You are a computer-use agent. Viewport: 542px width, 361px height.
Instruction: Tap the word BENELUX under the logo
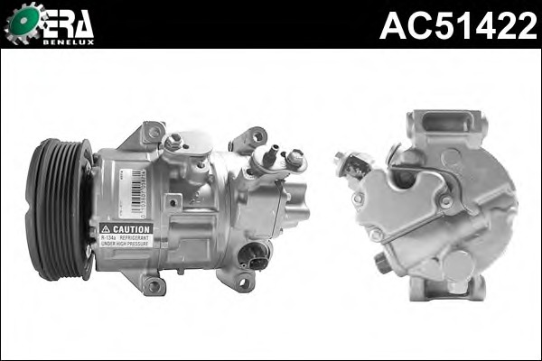(x=69, y=41)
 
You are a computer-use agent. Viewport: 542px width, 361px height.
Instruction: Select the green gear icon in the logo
(x=22, y=23)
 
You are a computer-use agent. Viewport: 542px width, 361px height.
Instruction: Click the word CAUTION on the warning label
(x=131, y=229)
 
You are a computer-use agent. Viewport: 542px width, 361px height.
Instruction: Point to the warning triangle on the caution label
(x=106, y=229)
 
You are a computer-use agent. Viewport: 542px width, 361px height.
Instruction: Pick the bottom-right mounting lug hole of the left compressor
(x=242, y=282)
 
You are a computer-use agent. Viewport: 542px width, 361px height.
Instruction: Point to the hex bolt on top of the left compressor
(x=173, y=141)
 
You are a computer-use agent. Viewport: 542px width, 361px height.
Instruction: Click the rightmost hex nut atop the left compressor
(x=294, y=160)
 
